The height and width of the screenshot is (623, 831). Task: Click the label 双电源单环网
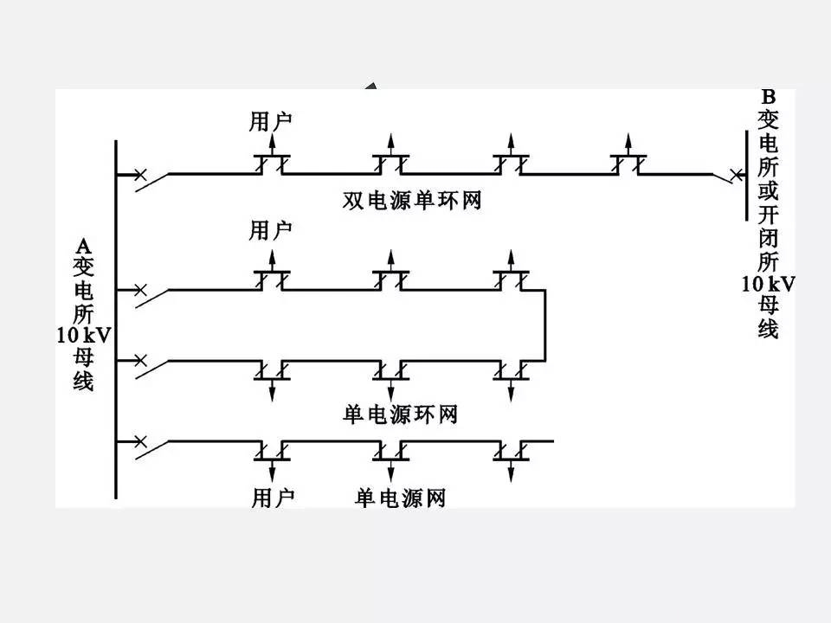(x=411, y=202)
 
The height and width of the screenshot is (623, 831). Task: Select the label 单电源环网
(x=399, y=414)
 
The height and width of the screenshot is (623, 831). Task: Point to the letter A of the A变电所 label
(x=82, y=245)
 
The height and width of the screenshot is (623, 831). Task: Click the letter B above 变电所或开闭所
(x=768, y=97)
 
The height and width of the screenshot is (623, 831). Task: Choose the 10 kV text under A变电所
(x=83, y=335)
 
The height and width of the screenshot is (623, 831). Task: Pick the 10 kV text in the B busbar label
(x=768, y=283)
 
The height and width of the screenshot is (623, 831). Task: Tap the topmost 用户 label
(x=271, y=120)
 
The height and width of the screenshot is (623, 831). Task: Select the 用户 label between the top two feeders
(x=271, y=229)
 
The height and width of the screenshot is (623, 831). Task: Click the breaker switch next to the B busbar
(x=725, y=177)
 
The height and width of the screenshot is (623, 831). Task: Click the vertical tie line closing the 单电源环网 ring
(x=544, y=324)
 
